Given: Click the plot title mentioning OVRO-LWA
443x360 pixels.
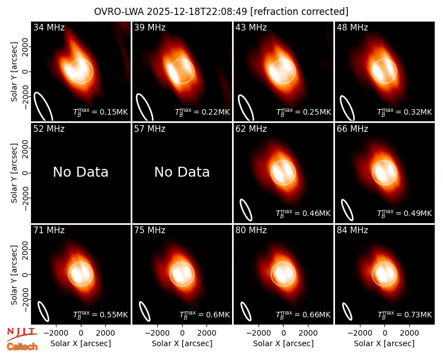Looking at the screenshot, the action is pos(221,12).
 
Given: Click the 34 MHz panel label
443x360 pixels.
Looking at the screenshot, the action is pos(49,27).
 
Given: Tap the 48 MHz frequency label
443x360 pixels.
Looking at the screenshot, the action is pos(352,27).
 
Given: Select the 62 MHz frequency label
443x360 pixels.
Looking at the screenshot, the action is pos(251,129).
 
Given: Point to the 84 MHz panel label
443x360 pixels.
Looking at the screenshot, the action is pos(352,230).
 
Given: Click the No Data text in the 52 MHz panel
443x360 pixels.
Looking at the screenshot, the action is pos(81,172).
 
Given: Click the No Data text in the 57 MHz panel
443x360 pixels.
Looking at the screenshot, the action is pos(182,172).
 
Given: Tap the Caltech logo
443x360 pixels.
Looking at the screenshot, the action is pos(22,347).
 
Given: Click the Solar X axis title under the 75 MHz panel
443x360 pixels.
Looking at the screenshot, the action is pos(182,343).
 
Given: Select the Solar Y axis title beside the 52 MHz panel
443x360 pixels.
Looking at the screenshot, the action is pos(14,173).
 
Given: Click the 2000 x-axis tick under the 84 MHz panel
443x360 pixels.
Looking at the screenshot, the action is pos(409,333).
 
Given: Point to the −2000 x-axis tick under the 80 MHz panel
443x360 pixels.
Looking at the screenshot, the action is pos(259,333).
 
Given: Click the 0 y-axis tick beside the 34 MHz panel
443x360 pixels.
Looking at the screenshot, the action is pos(25,71).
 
